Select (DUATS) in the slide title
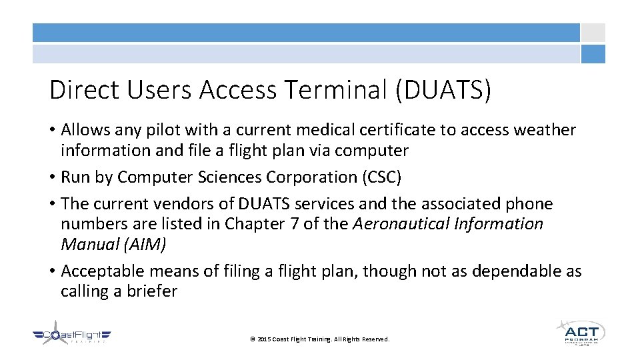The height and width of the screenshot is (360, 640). pyautogui.click(x=443, y=90)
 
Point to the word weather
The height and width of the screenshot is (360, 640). pyautogui.click(x=543, y=130)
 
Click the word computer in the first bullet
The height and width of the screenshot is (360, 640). pyautogui.click(x=371, y=151)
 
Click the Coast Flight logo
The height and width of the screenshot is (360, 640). pyautogui.click(x=72, y=337)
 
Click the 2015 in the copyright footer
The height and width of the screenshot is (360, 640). pyautogui.click(x=264, y=339)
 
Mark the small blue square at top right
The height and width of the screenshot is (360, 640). pyautogui.click(x=593, y=54)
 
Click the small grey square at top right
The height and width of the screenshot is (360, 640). pyautogui.click(x=593, y=33)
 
